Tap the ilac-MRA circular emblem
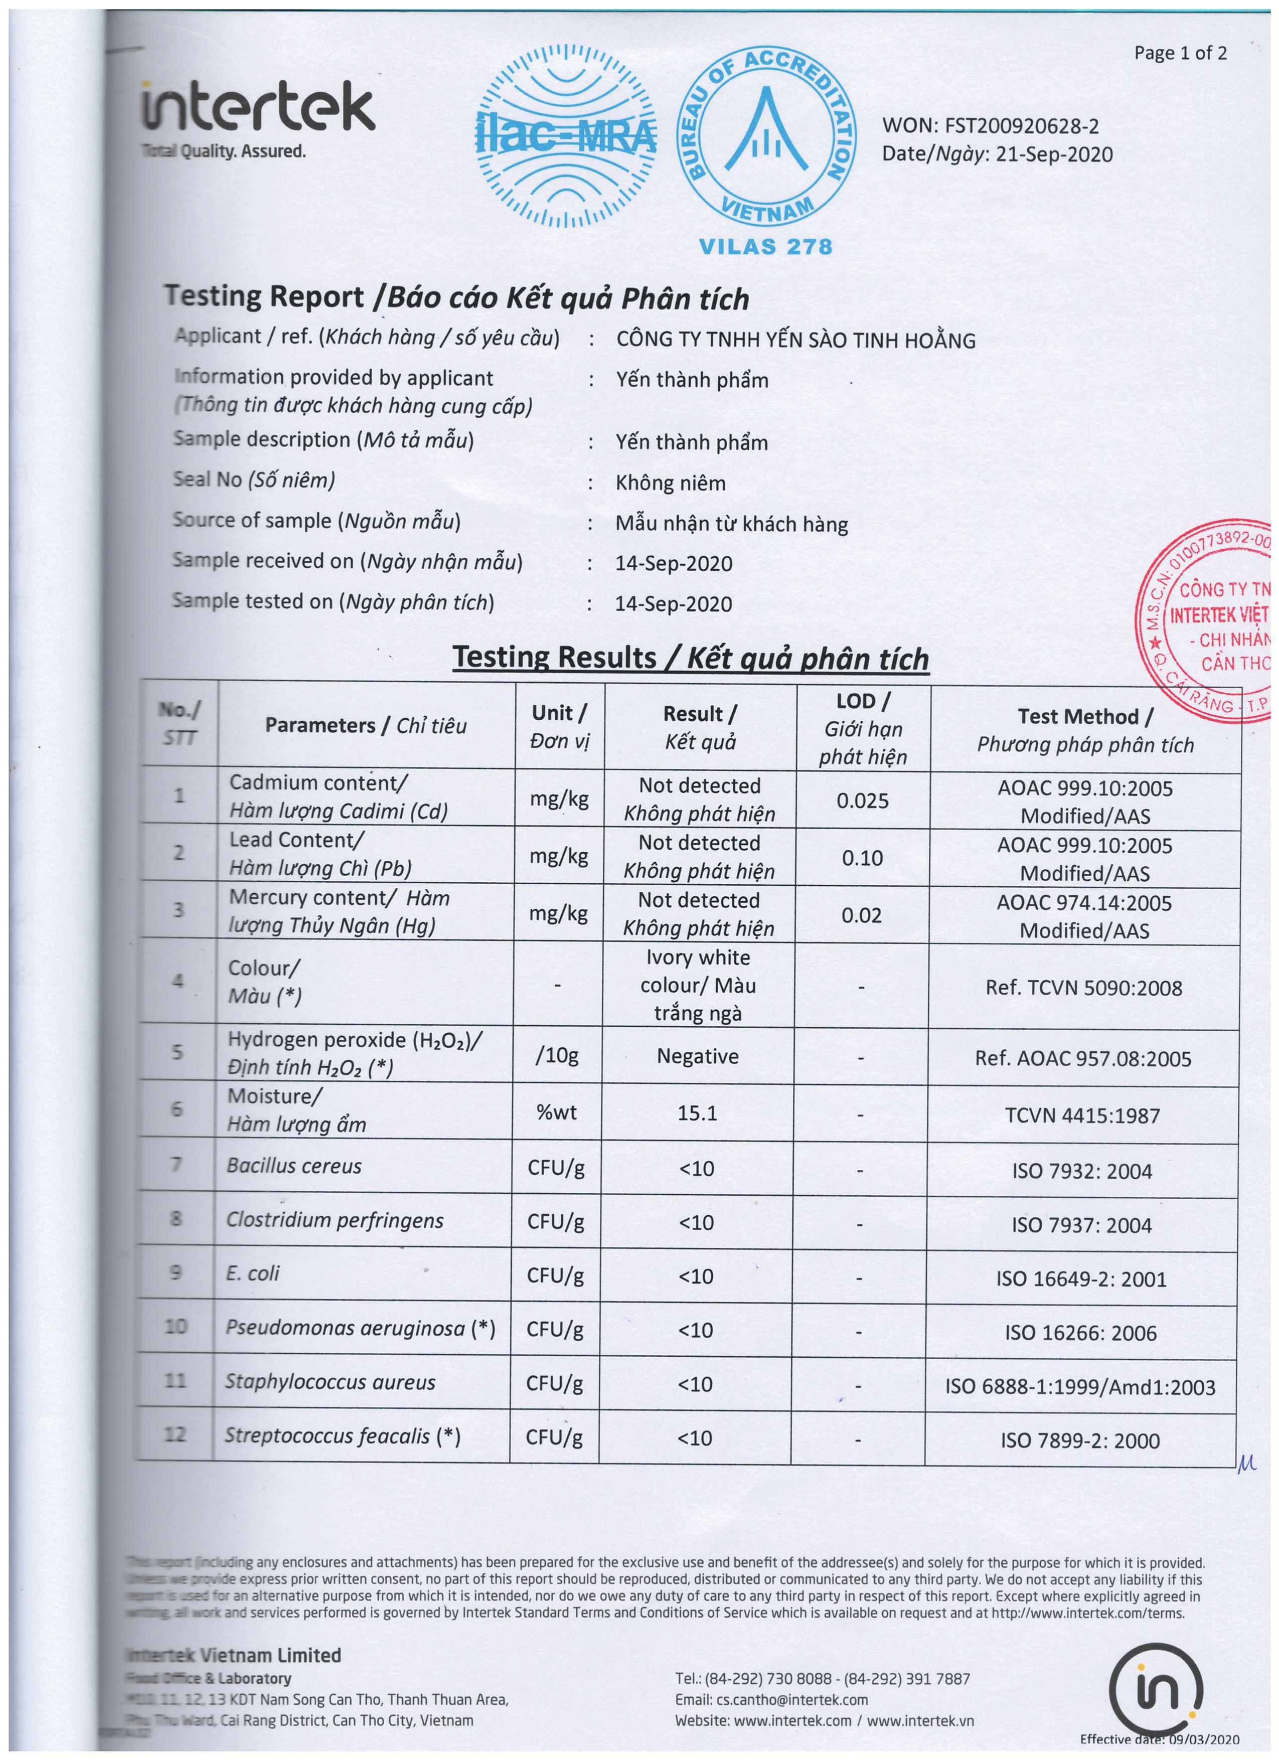tap(567, 136)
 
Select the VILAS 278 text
tap(765, 247)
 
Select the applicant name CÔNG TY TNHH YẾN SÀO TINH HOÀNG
tap(795, 340)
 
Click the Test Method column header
tap(1085, 729)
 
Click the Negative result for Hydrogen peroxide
tap(697, 1056)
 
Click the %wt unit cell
tap(556, 1112)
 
